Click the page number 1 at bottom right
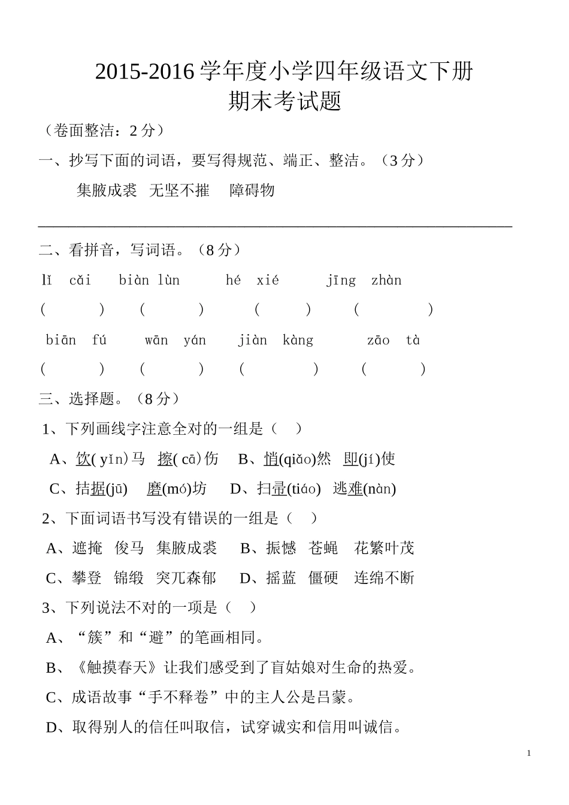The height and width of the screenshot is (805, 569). (x=529, y=753)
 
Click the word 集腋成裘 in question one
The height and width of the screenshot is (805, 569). (x=107, y=190)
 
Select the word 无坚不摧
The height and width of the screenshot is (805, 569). (x=179, y=190)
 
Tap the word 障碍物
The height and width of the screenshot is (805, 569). (x=252, y=190)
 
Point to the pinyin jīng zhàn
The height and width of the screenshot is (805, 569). (x=364, y=280)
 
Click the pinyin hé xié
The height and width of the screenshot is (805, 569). (x=252, y=280)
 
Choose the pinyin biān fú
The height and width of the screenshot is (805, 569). (x=76, y=340)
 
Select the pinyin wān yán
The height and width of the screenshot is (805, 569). (x=175, y=340)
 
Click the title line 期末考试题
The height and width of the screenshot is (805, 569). (x=284, y=101)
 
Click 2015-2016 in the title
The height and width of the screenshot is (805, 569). (x=145, y=72)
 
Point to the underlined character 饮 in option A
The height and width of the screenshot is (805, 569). (x=83, y=459)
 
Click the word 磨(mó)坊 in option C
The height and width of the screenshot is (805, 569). (x=176, y=489)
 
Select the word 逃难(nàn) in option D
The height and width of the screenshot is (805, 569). (x=364, y=489)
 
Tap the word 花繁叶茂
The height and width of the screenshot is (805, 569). (x=384, y=548)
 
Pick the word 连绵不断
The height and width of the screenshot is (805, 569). (x=384, y=578)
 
